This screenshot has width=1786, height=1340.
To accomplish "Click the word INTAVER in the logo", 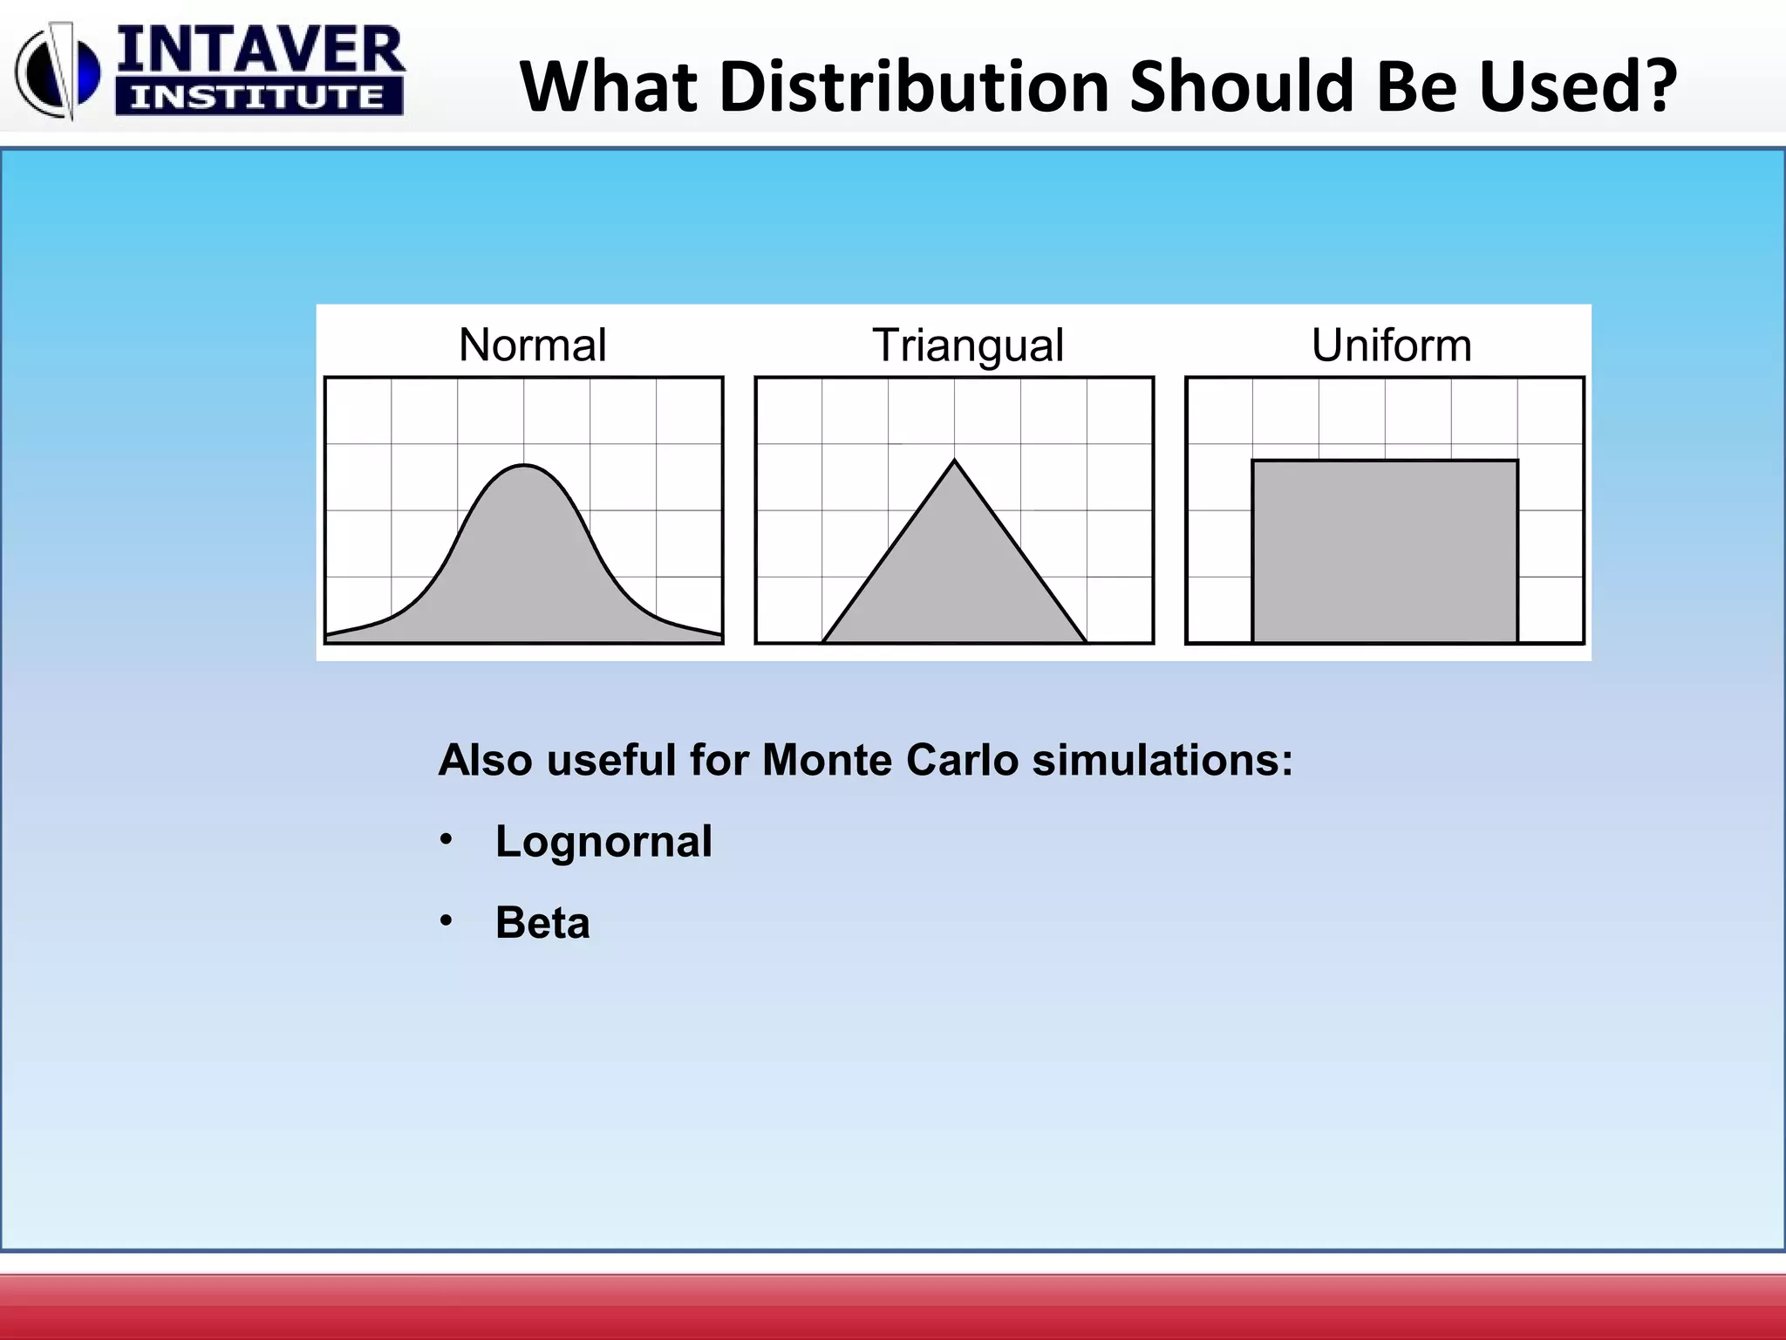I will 260,50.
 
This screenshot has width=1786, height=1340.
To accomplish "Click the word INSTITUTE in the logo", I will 258,97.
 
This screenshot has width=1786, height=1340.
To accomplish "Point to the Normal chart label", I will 532,345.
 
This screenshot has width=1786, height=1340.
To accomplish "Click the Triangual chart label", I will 968,345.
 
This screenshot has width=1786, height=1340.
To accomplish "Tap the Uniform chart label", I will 1391,345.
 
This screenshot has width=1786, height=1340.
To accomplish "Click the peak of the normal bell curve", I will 524,466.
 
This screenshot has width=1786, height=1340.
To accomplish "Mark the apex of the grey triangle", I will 955,461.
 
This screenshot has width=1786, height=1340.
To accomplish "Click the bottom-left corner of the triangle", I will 823,642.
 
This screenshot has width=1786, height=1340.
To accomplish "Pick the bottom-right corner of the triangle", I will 1087,642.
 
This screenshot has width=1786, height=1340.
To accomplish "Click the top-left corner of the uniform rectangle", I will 1253,461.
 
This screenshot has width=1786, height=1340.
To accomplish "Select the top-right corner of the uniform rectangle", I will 1517,461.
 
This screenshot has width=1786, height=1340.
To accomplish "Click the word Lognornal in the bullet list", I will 603,842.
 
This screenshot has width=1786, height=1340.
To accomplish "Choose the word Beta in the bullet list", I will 542,923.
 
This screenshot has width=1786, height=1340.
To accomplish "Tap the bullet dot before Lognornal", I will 446,839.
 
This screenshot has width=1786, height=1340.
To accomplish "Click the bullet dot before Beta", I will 446,920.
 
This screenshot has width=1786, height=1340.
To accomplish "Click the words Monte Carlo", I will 890,760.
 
